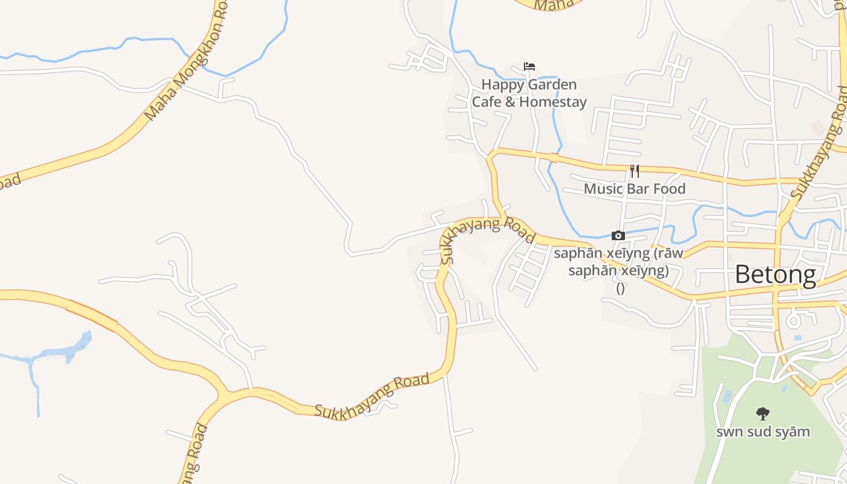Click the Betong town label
click(775, 275)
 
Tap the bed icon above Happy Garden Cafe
click(529, 67)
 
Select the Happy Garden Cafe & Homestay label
click(529, 93)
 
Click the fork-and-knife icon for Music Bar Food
click(634, 171)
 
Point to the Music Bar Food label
click(634, 189)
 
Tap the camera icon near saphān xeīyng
click(618, 235)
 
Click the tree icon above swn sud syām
click(763, 414)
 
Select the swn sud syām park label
click(763, 432)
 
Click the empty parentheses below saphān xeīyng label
click(620, 289)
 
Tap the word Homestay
click(553, 102)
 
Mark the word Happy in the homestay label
click(502, 85)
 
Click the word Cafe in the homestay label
click(486, 102)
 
